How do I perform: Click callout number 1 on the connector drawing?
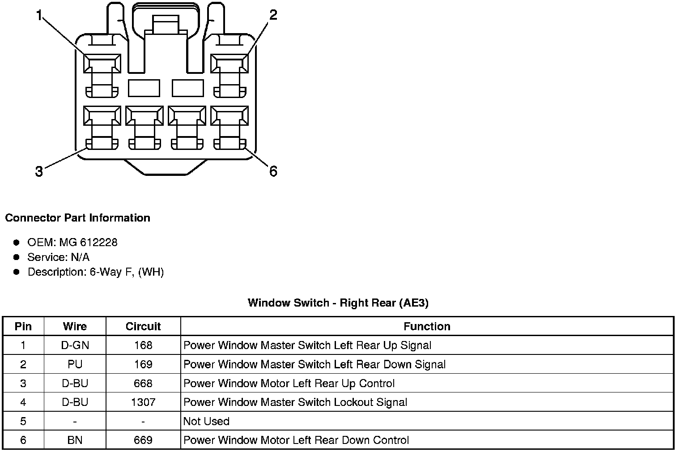39,16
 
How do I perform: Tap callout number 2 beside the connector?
273,15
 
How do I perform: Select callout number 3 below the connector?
39,171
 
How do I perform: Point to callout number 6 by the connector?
273,171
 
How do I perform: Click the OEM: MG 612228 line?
72,243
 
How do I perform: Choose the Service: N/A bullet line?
58,257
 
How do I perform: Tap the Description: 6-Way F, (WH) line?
95,272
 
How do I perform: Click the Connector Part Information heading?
77,218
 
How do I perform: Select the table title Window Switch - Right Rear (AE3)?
338,303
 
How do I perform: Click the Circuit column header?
143,326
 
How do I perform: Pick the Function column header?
427,326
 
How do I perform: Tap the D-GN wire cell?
75,345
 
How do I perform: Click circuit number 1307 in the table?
143,402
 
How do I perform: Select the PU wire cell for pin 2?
75,364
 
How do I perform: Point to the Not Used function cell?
206,422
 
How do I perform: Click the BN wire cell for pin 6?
75,440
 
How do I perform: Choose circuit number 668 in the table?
143,384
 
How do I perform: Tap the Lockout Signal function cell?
295,402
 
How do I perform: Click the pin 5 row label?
23,422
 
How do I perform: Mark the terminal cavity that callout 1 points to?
102,64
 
